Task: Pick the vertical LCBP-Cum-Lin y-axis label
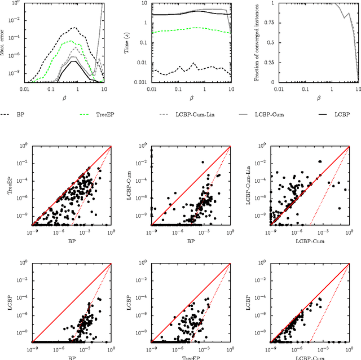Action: click(256, 186)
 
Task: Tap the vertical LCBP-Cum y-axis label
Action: click(131, 186)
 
